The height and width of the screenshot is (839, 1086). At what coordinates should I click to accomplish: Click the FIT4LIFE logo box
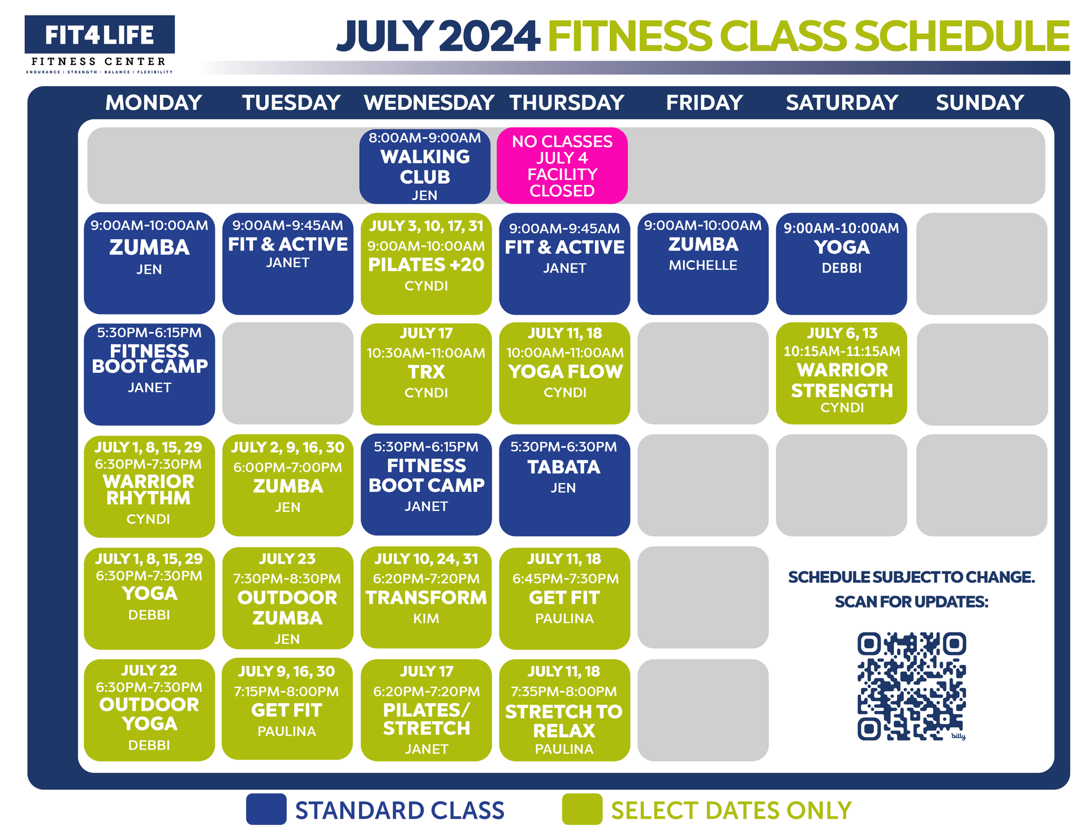tap(100, 35)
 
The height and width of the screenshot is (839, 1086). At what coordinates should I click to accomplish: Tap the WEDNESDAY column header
tap(429, 102)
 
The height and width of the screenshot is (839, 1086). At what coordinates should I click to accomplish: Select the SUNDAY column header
tap(980, 102)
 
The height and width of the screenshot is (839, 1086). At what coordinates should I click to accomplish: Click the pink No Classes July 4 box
tap(562, 166)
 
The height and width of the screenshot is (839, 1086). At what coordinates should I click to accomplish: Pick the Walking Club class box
tap(425, 166)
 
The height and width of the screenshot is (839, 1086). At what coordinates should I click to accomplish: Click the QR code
tap(911, 686)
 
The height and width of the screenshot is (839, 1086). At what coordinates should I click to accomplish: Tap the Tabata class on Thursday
tap(564, 484)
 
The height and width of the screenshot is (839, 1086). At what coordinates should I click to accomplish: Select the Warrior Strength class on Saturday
tap(841, 373)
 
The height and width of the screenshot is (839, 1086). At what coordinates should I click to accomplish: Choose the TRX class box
tap(426, 373)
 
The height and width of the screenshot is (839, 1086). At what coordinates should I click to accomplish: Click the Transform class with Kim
tap(426, 597)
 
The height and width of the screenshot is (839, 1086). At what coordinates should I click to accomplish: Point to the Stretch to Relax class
tap(564, 710)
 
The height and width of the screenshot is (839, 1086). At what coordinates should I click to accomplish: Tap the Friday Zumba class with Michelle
tap(703, 263)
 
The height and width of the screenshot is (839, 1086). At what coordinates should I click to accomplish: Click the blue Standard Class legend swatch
tap(266, 810)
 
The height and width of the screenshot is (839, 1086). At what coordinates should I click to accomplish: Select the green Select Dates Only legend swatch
tap(582, 810)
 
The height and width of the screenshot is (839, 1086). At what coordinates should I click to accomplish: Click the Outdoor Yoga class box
tap(149, 710)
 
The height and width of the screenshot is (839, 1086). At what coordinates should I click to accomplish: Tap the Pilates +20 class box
tap(426, 263)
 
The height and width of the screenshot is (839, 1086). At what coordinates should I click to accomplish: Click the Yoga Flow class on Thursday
tap(564, 373)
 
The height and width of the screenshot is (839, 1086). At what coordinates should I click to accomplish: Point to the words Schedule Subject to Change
tap(911, 577)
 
